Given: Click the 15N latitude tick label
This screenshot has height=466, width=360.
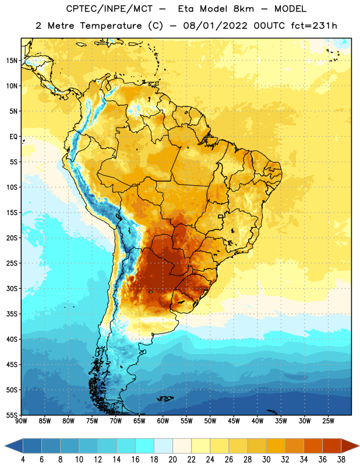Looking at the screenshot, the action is click(x=12, y=61).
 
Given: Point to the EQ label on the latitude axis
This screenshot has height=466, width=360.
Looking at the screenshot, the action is click(x=13, y=137).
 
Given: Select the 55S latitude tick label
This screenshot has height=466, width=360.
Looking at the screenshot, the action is click(x=12, y=415).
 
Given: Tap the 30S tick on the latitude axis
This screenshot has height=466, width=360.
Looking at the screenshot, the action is click(x=12, y=288).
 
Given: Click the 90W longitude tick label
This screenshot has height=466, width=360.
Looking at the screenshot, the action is click(x=21, y=421).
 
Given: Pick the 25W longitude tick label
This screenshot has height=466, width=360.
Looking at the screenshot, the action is click(x=328, y=421).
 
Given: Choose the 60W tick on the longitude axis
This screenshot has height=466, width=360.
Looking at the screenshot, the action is click(x=163, y=421).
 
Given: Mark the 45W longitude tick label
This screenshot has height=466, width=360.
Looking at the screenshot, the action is click(x=234, y=421).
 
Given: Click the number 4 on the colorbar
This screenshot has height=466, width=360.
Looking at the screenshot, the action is click(x=23, y=460).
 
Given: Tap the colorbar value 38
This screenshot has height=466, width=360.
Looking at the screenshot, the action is click(x=341, y=460).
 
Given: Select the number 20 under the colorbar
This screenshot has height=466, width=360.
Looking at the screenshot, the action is click(x=172, y=460).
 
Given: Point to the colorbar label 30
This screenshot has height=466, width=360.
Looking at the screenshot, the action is click(x=266, y=460).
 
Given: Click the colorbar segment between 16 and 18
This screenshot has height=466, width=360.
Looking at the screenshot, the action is click(x=145, y=446).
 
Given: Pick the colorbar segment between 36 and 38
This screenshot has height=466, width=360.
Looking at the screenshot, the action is click(x=332, y=446).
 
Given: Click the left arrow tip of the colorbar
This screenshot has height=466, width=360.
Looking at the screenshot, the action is click(x=5, y=446).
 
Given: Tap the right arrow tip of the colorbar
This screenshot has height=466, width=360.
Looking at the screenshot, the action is click(x=359, y=446).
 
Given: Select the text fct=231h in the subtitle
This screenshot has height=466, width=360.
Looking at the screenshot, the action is click(x=314, y=26).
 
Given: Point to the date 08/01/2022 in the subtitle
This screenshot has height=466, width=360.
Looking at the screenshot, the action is click(x=215, y=26).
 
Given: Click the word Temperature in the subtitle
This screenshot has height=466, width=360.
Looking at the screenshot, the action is click(x=111, y=26).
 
